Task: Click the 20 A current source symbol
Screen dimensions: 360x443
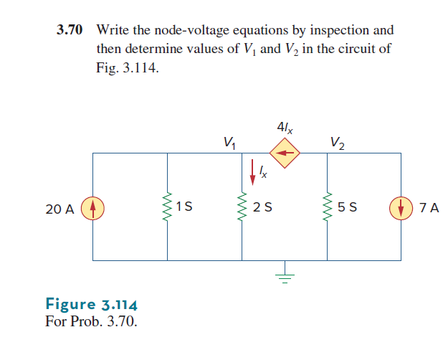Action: click(x=92, y=209)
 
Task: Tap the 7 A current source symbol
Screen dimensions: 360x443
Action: click(x=399, y=209)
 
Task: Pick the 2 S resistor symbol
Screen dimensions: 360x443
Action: click(x=242, y=208)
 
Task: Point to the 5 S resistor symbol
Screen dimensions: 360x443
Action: click(x=328, y=208)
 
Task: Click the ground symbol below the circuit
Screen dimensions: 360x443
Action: click(x=284, y=275)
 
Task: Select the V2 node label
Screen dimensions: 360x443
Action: click(x=337, y=141)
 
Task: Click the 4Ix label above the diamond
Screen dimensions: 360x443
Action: click(x=284, y=129)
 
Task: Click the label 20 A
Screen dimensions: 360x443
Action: click(x=59, y=209)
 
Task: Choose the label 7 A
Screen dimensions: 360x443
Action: click(x=429, y=209)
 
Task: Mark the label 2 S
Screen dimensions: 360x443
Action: click(x=262, y=209)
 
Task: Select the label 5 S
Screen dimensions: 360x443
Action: click(x=348, y=209)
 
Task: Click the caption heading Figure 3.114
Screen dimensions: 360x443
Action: click(x=91, y=303)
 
